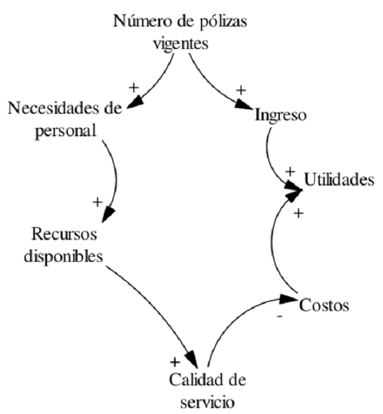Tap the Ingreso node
tap(280, 116)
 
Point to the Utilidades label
tap(339, 179)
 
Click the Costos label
tap(325, 305)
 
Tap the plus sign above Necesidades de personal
tap(133, 87)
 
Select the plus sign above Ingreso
tap(240, 91)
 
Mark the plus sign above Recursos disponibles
tap(98, 202)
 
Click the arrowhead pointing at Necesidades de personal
tap(134, 103)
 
